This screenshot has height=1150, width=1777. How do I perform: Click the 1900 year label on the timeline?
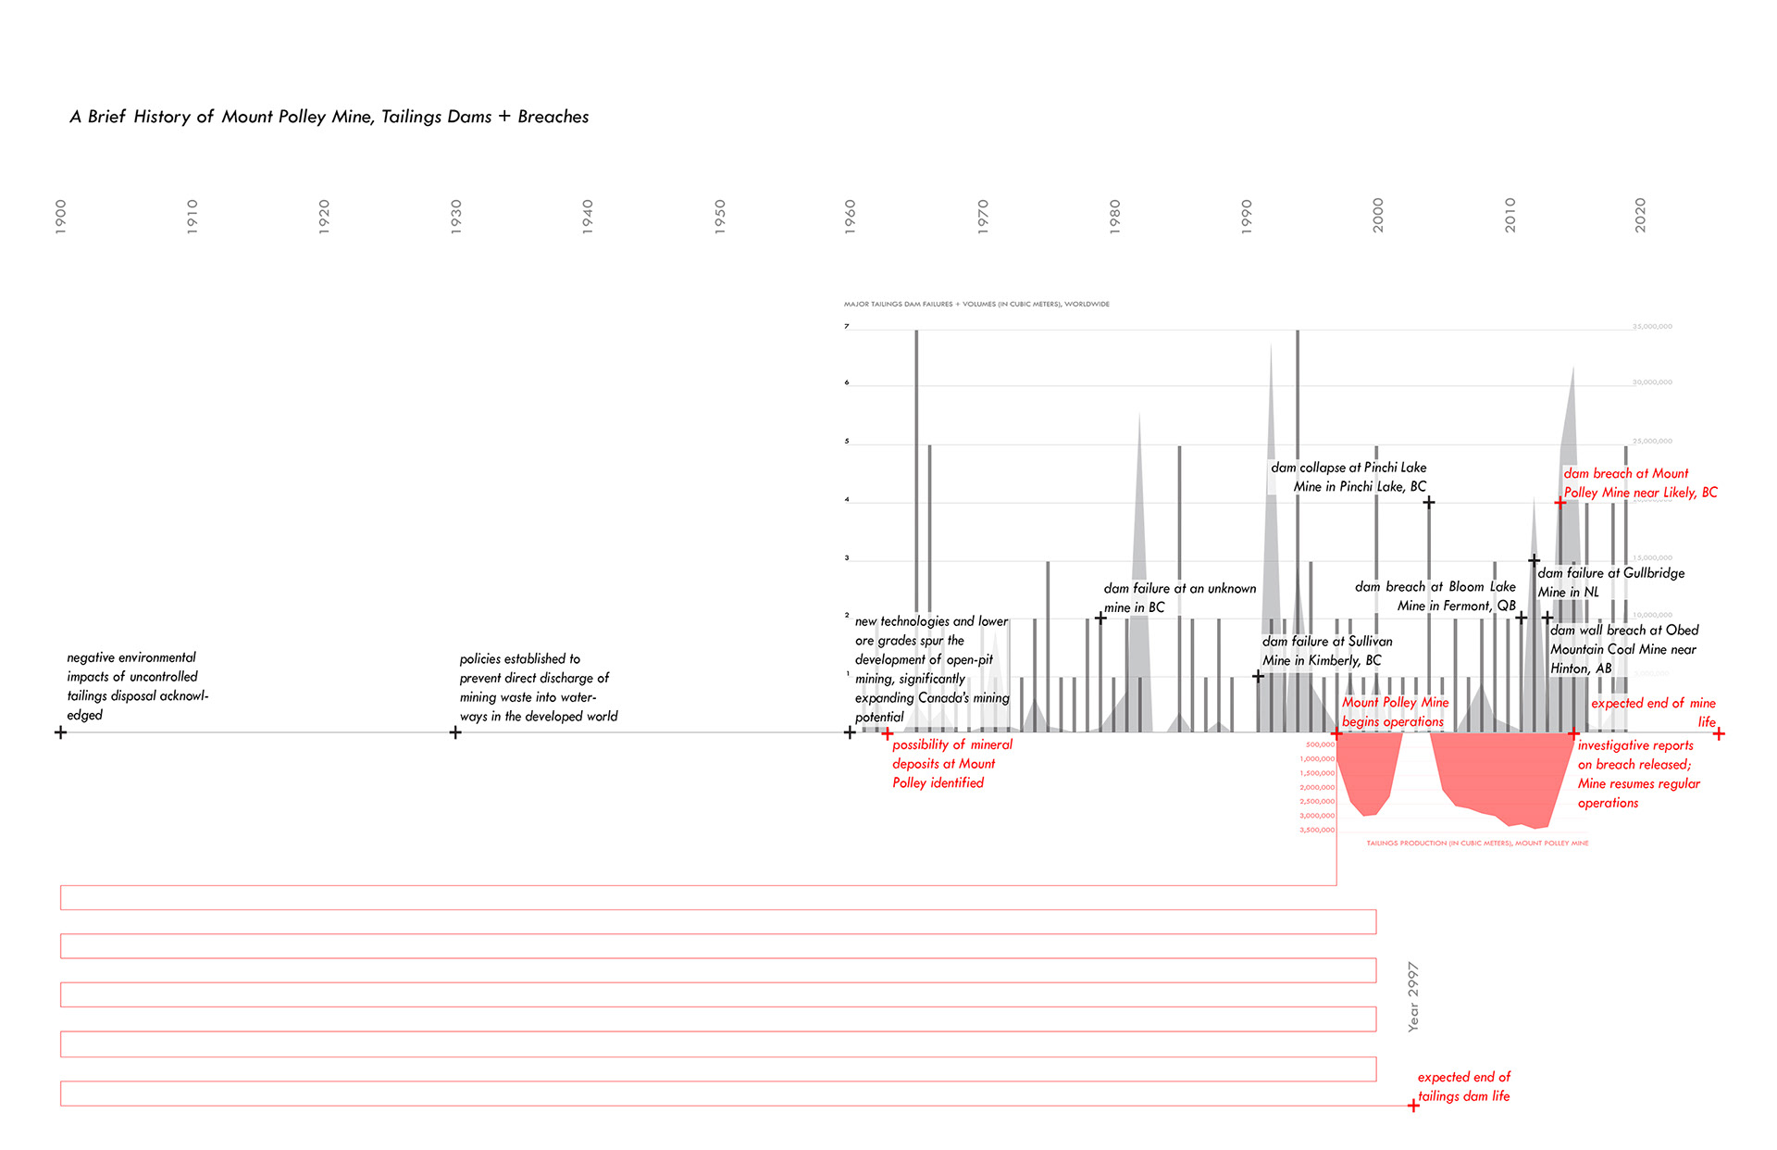tap(61, 216)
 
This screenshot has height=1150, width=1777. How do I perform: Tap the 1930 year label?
tap(455, 216)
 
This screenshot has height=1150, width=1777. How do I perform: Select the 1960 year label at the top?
tap(850, 216)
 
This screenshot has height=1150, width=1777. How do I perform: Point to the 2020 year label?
tap(1640, 215)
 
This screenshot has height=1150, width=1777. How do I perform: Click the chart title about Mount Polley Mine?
tap(329, 117)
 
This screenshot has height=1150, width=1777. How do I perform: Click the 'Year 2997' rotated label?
tap(1412, 996)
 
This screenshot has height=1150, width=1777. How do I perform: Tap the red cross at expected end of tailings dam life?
tap(1413, 1106)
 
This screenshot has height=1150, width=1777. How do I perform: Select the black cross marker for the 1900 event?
tap(61, 732)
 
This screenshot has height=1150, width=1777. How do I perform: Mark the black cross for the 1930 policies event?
tap(455, 732)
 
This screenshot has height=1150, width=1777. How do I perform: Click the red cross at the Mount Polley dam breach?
tap(1560, 502)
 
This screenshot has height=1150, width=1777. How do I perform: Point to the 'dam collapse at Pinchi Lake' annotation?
tap(1348, 477)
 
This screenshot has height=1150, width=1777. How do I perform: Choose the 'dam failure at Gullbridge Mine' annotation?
tap(1610, 582)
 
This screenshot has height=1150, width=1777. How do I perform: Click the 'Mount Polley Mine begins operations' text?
tap(1395, 712)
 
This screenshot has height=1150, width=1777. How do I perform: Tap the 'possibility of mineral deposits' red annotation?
tap(951, 763)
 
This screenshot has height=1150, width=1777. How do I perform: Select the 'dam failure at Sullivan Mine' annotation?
tap(1326, 650)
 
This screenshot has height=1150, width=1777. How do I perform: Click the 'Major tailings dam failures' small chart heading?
tap(976, 304)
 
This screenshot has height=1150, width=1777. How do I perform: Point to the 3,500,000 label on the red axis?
tap(1317, 830)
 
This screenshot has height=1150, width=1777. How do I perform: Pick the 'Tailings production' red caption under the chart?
tap(1477, 844)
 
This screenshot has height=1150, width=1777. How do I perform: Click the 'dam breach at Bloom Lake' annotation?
tap(1435, 596)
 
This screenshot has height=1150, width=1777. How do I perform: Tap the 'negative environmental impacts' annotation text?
tap(137, 686)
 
